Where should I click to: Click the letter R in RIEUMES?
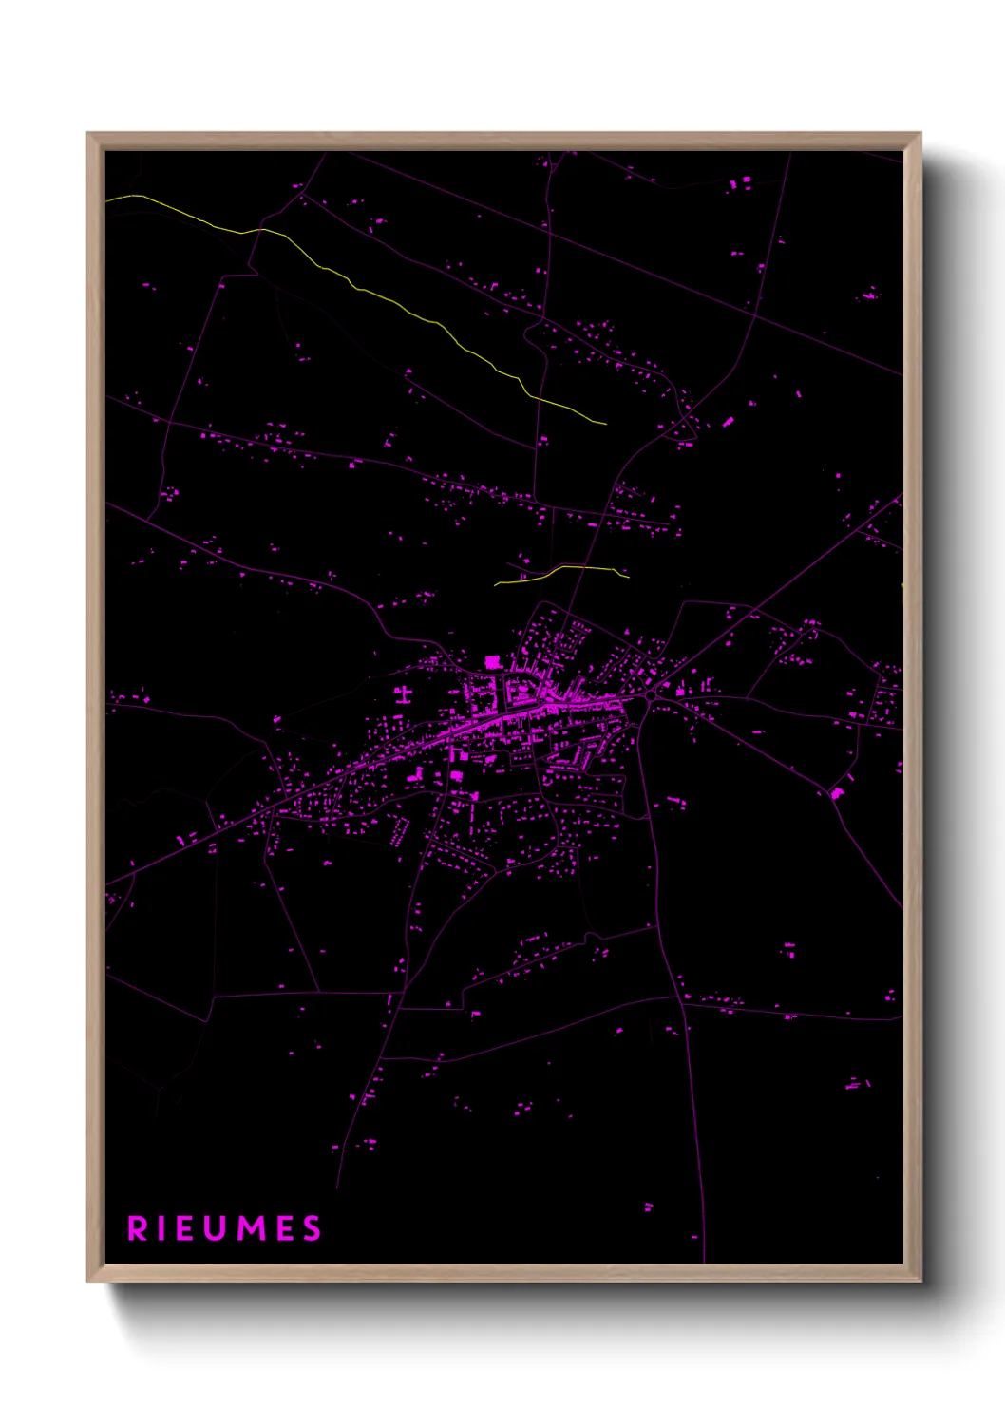click(138, 1228)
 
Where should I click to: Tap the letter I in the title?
click(165, 1228)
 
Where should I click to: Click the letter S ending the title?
click(313, 1228)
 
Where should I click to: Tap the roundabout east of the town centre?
click(652, 696)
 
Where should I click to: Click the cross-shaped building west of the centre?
click(404, 693)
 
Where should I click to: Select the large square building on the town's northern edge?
click(492, 662)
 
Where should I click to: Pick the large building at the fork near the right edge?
click(837, 792)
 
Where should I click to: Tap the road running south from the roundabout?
click(655, 855)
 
